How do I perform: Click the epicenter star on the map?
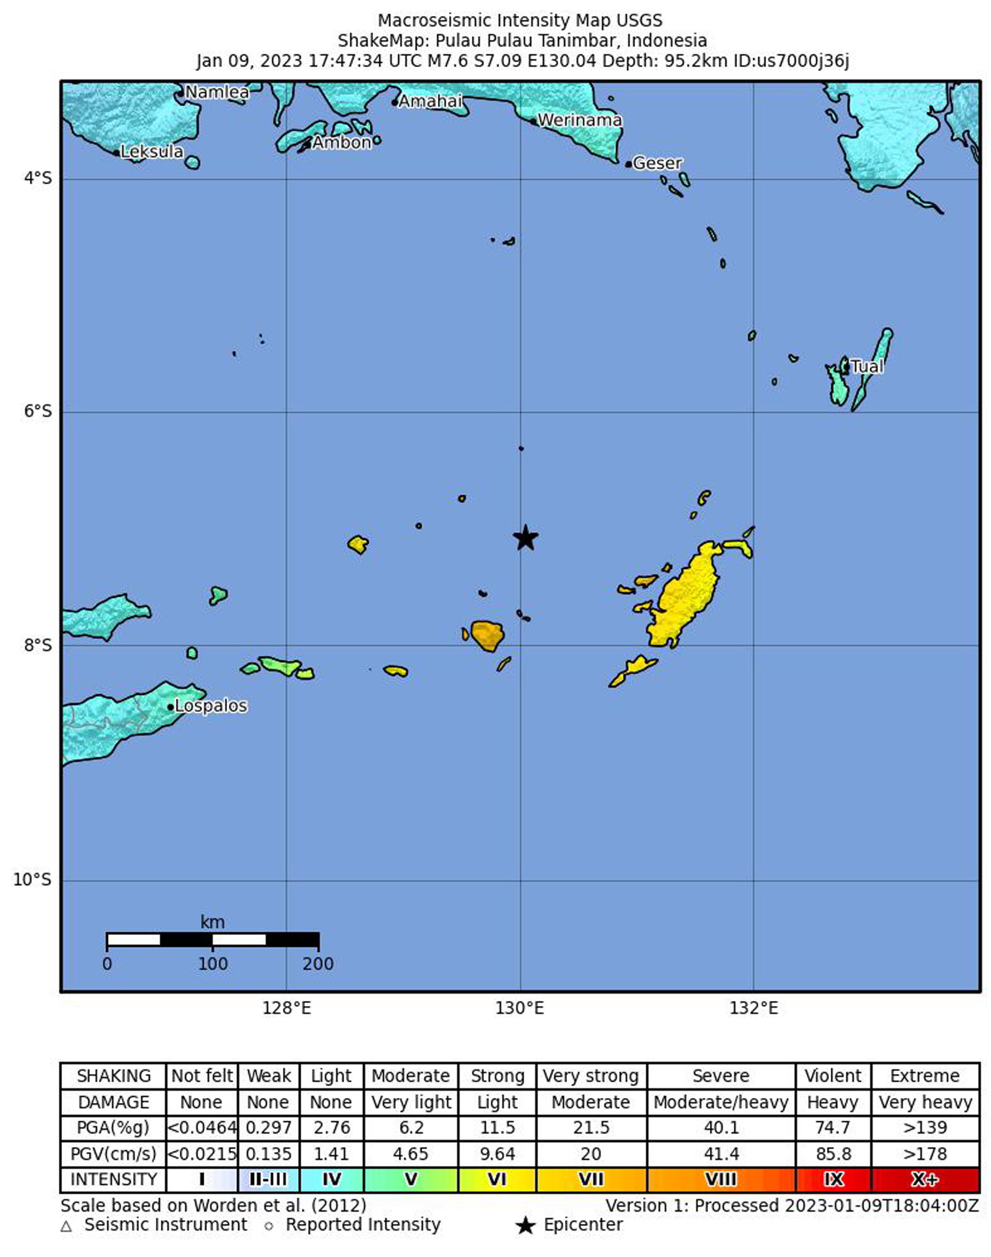[525, 538]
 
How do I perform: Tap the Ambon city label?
[341, 142]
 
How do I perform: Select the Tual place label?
[867, 366]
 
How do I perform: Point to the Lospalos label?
[210, 706]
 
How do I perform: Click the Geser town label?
[657, 163]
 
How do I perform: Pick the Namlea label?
[217, 92]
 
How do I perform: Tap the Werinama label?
[579, 120]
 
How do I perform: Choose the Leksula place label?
[152, 152]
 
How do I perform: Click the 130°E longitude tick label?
[520, 1008]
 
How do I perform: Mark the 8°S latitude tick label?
[38, 646]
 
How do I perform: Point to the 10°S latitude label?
[33, 880]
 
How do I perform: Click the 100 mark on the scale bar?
[212, 964]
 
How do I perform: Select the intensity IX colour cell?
[833, 1180]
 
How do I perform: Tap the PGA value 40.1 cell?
[720, 1128]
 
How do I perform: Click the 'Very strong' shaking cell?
[590, 1076]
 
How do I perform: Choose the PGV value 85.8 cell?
[833, 1154]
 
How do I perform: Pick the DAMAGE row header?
[114, 1102]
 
